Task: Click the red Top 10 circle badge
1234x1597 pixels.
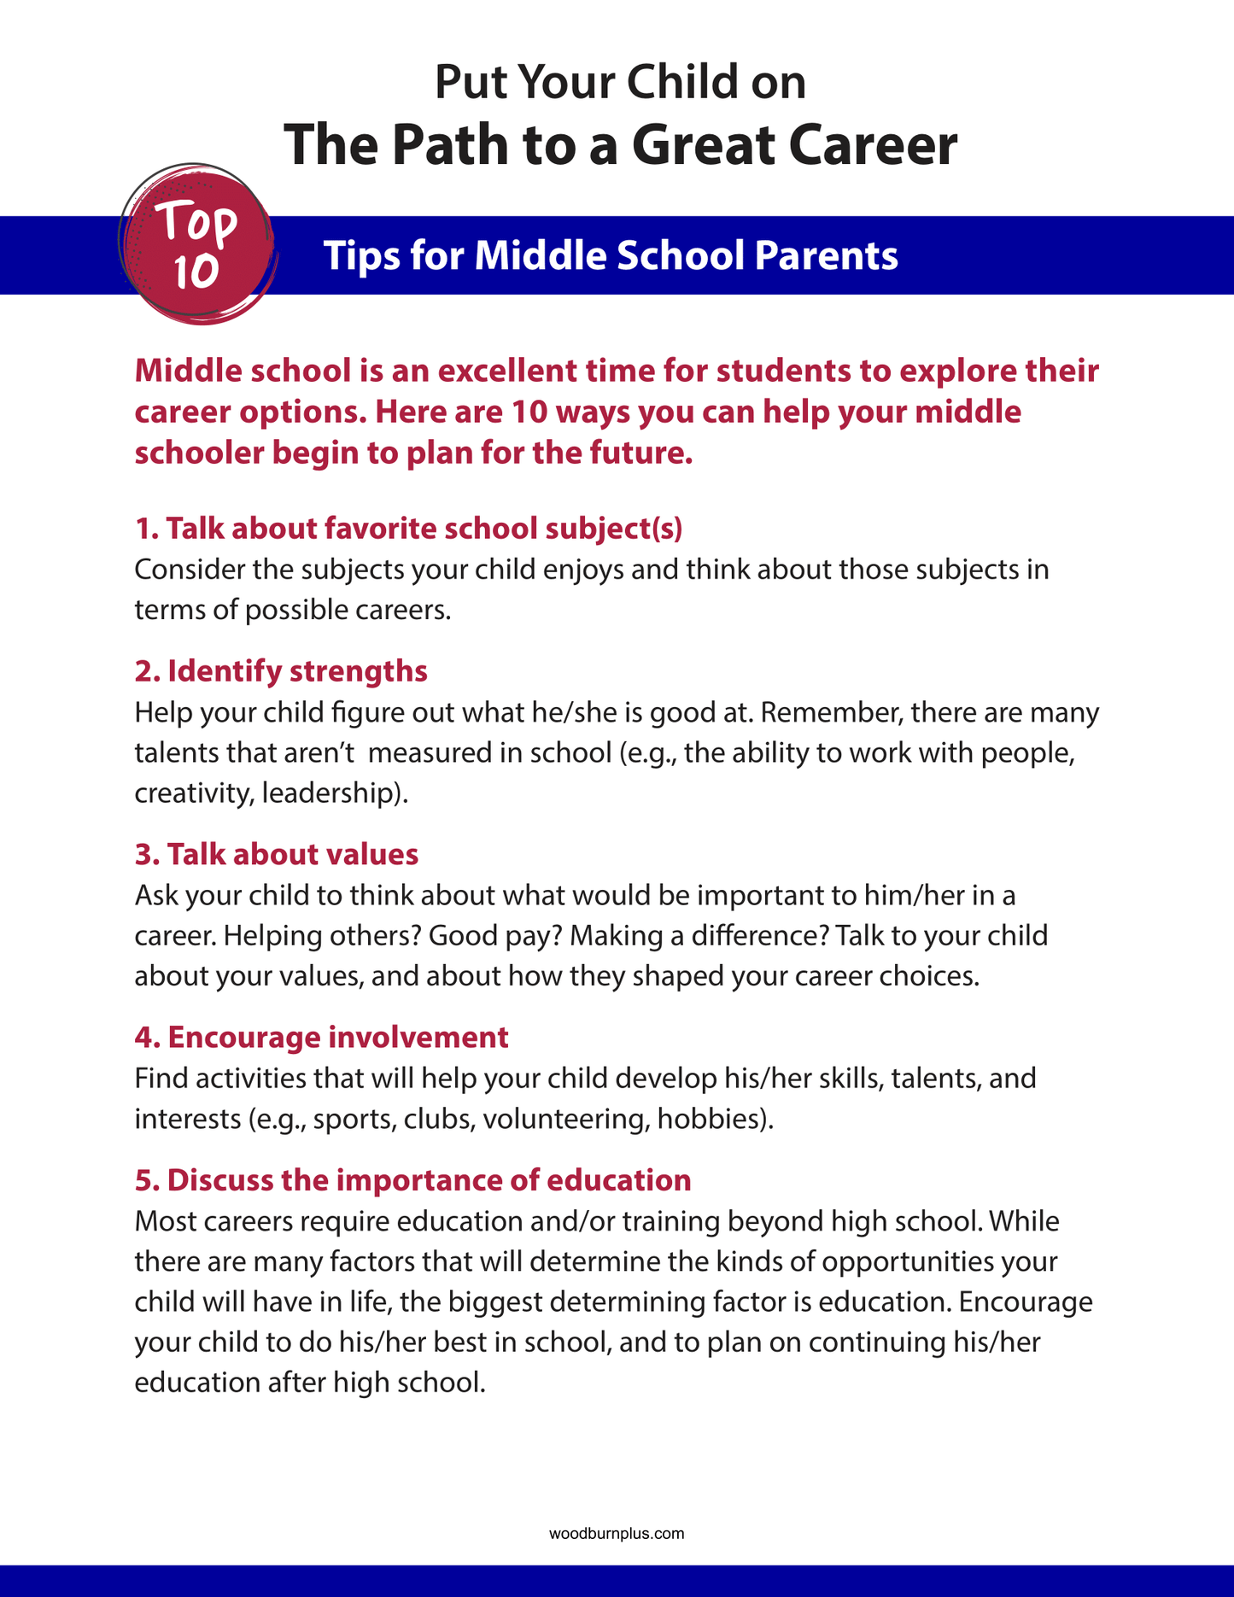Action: (196, 246)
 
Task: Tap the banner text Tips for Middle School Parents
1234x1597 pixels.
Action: (611, 255)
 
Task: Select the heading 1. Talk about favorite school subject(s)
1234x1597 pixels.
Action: (408, 529)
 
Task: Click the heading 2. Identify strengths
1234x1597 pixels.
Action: (281, 671)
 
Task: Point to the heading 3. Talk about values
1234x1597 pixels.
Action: (277, 854)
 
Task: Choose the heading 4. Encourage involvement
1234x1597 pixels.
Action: (321, 1037)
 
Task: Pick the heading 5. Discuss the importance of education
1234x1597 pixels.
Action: (412, 1179)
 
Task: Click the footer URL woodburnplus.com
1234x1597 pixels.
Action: (617, 1534)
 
